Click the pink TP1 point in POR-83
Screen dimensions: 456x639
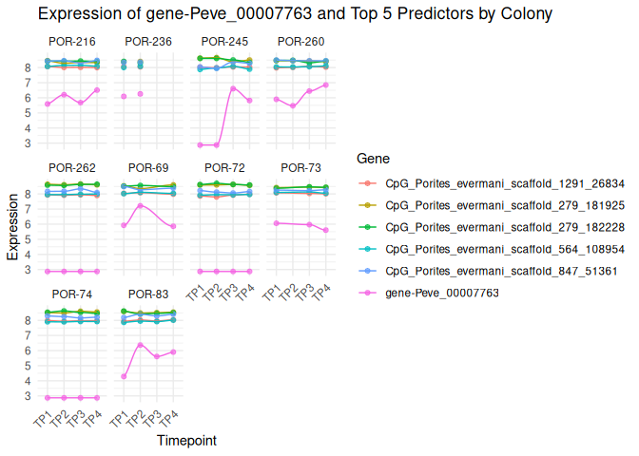(124, 377)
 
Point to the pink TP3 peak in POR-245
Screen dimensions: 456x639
(233, 89)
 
